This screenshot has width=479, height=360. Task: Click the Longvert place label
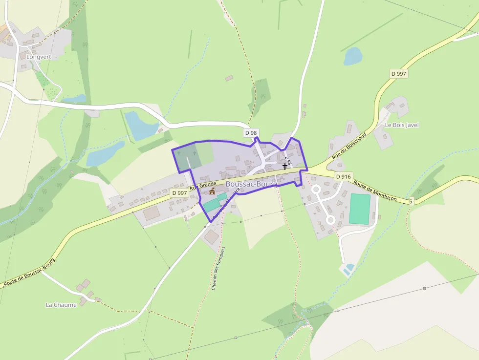35,57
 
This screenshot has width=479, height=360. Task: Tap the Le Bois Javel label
401,125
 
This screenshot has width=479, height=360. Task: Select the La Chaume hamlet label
61,305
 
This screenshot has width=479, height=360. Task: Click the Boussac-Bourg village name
251,184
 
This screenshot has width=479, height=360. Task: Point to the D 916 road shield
343,176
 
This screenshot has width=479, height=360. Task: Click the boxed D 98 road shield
251,132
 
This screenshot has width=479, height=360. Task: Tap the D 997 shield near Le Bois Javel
399,73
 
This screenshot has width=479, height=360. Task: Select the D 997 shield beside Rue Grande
179,193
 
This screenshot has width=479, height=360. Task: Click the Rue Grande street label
203,185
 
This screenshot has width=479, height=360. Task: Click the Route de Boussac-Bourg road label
29,272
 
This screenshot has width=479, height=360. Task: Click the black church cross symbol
285,167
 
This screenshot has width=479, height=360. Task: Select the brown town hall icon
212,192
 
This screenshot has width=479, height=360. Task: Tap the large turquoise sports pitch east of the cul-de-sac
359,209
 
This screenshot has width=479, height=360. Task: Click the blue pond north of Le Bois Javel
353,57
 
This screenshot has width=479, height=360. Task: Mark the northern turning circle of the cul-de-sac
316,189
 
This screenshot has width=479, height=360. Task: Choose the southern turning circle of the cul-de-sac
330,220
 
